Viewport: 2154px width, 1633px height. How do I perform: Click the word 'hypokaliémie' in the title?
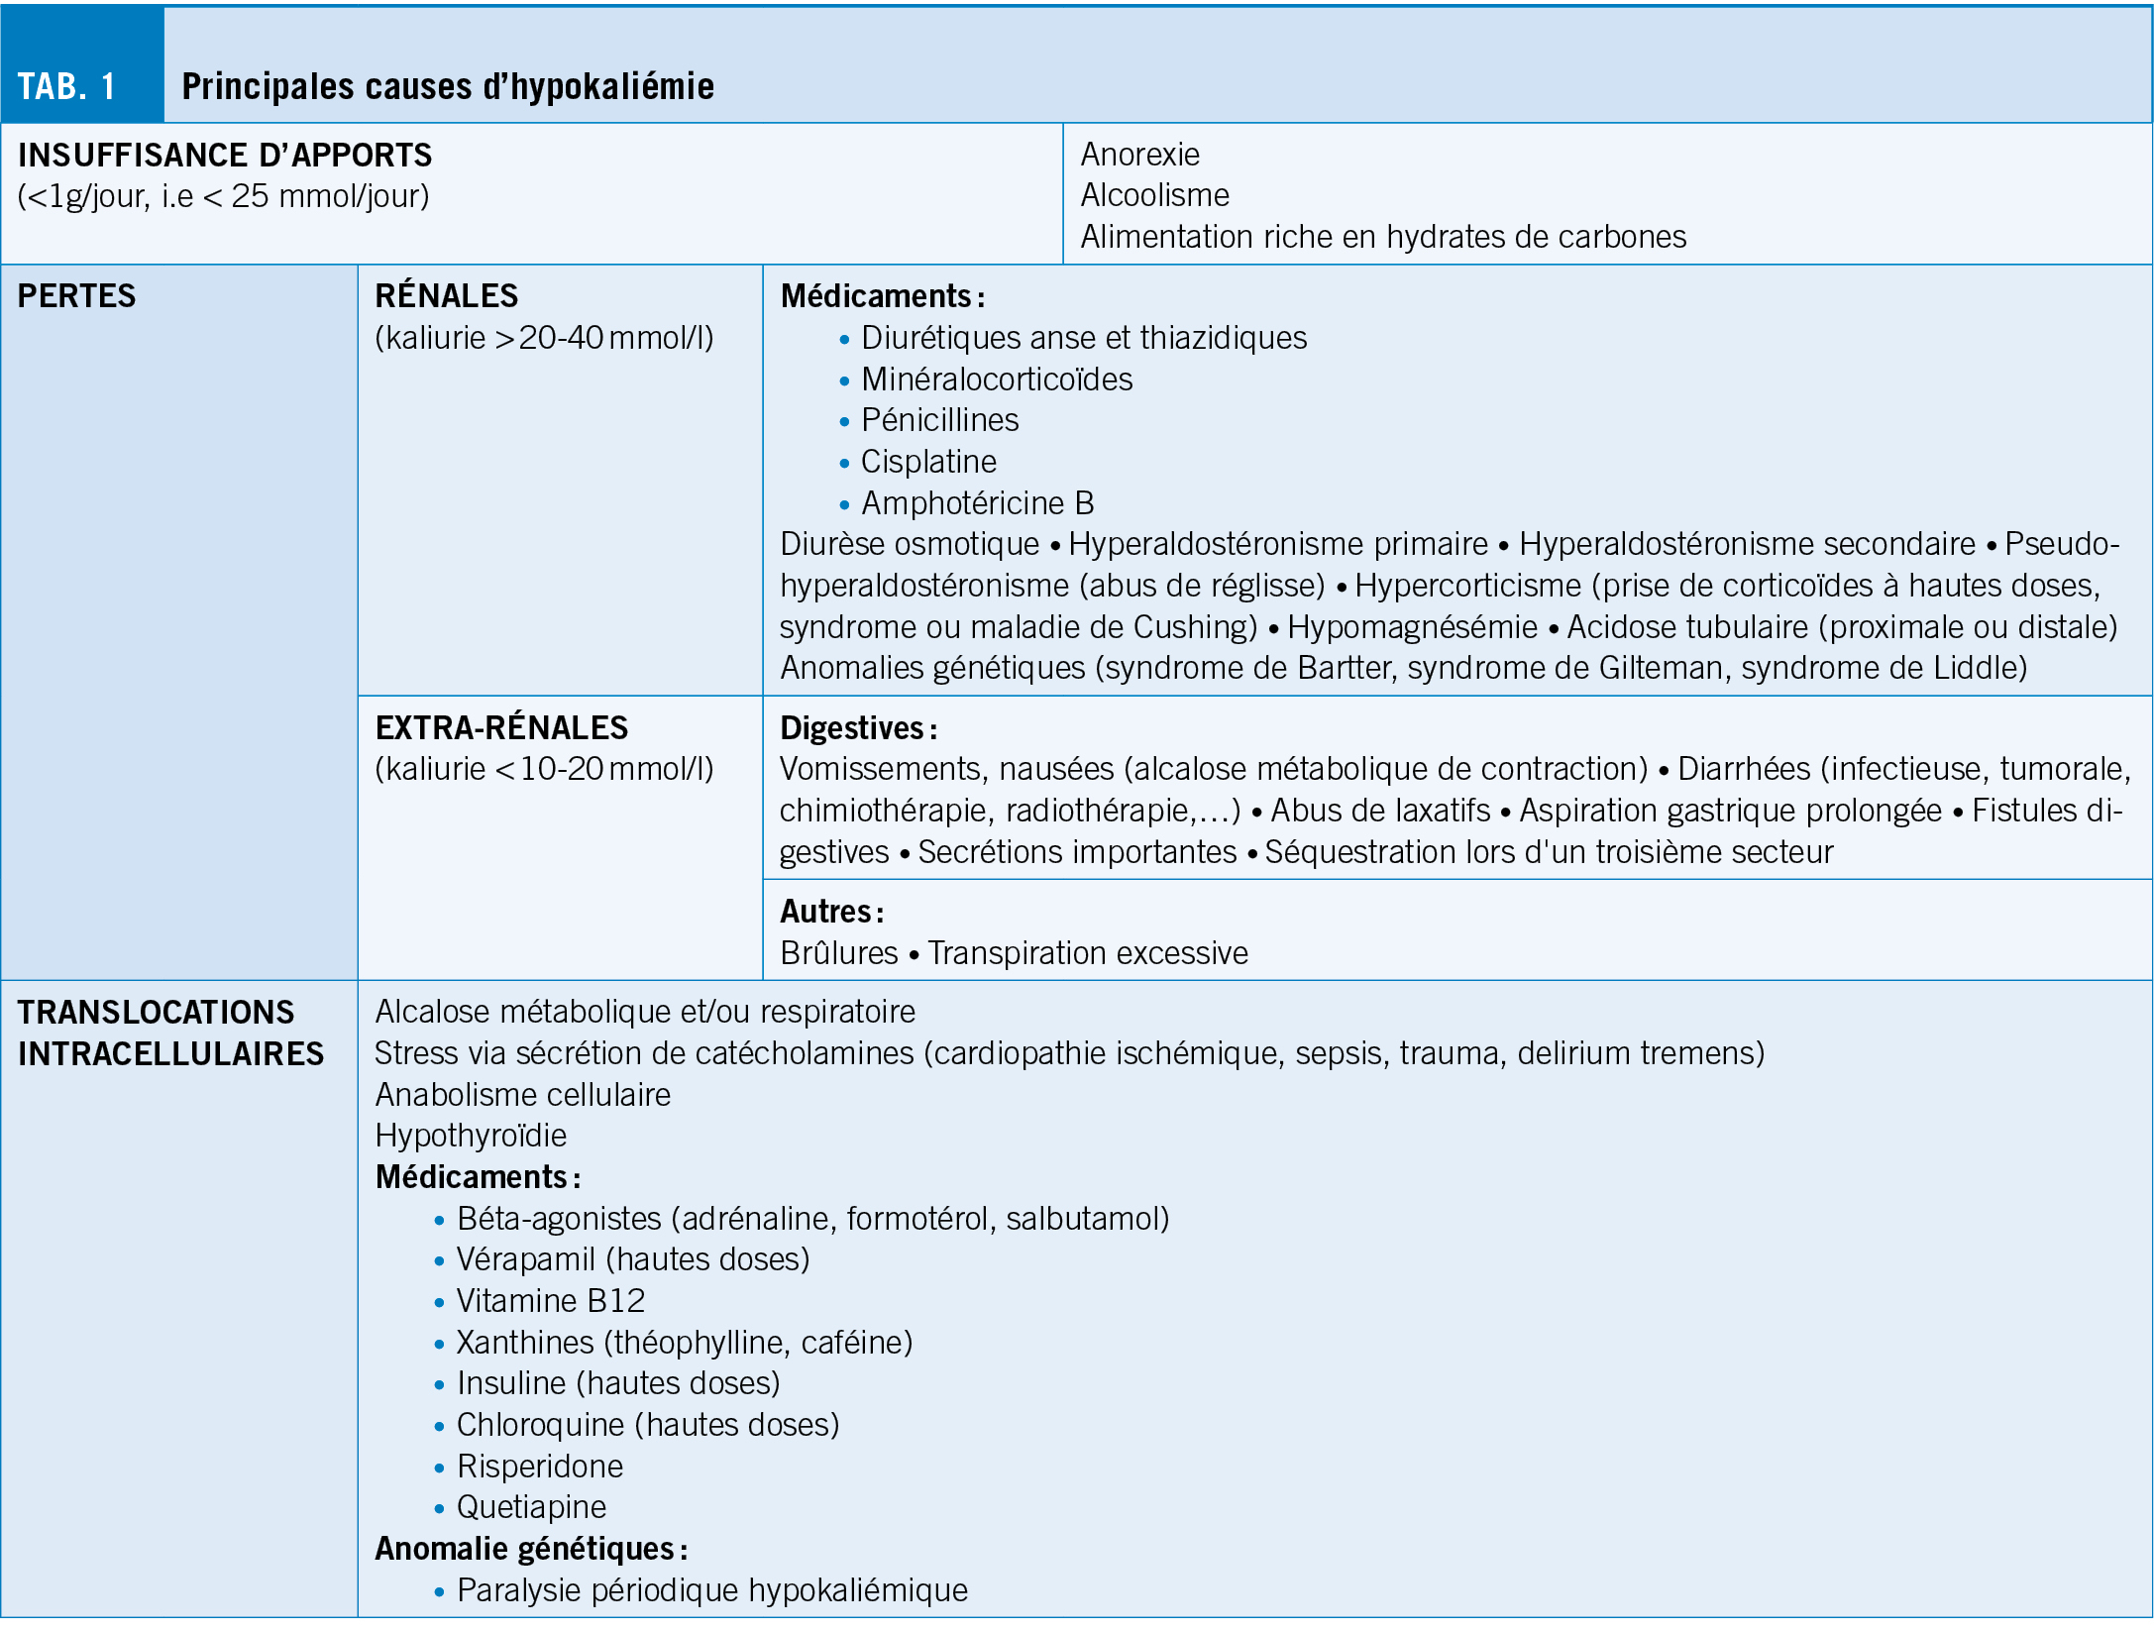click(x=611, y=87)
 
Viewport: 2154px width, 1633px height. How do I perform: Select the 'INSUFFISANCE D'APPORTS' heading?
click(x=225, y=156)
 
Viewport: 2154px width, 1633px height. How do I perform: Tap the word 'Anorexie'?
click(x=1139, y=155)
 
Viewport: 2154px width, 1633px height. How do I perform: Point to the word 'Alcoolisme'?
click(x=1154, y=195)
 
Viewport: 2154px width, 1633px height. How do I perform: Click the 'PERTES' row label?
click(x=76, y=296)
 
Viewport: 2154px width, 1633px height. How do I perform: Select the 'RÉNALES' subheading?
click(x=446, y=296)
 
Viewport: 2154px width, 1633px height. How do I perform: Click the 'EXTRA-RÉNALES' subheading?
click(x=501, y=728)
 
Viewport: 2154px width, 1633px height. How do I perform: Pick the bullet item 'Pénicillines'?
click(x=939, y=420)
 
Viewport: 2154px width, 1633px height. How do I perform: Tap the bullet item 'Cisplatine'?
click(x=928, y=462)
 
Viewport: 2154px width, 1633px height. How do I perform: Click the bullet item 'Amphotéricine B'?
click(x=977, y=503)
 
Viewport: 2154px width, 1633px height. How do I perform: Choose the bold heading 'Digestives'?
click(x=852, y=728)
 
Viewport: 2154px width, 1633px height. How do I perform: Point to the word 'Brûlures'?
click(x=838, y=953)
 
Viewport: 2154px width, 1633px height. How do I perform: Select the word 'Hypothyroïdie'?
click(x=471, y=1136)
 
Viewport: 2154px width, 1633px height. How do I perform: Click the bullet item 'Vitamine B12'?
click(x=550, y=1301)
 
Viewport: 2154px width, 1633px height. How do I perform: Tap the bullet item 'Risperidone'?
click(x=540, y=1467)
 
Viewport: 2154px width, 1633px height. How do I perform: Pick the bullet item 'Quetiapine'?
click(x=531, y=1507)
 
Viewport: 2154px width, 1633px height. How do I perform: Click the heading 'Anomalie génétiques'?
click(x=525, y=1549)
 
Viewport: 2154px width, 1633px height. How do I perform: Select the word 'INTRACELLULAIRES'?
click(x=170, y=1054)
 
